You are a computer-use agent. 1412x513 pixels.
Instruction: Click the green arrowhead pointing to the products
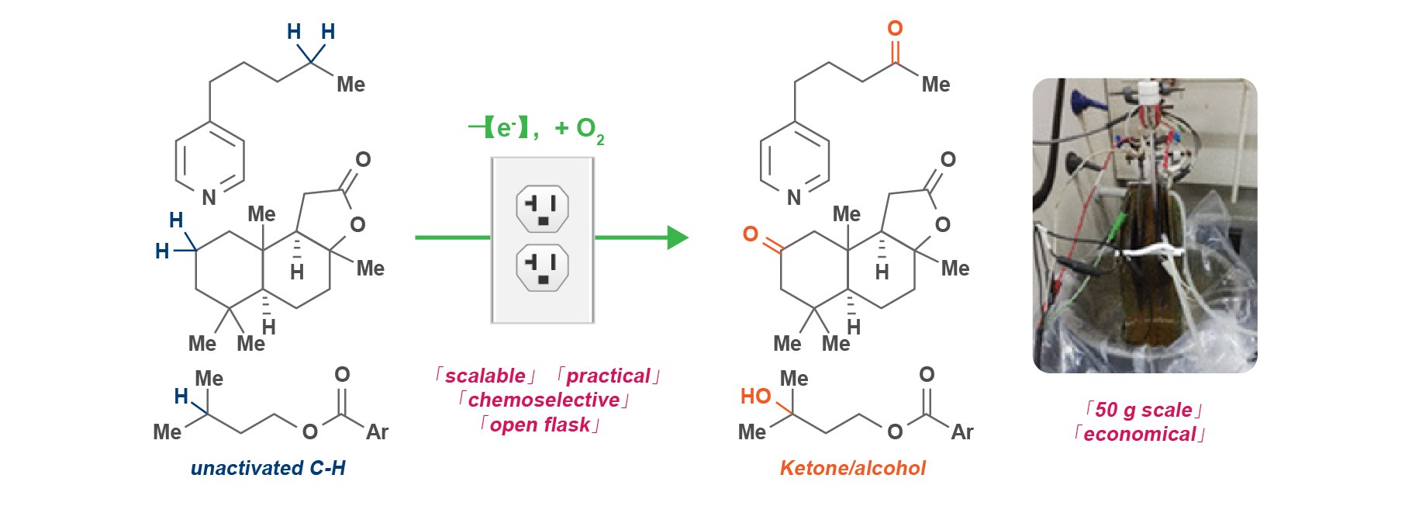(x=677, y=237)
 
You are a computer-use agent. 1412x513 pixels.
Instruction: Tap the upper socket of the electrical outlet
(x=542, y=209)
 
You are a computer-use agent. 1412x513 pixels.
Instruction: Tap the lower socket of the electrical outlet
(x=542, y=267)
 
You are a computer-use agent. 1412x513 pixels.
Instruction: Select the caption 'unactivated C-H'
(x=268, y=468)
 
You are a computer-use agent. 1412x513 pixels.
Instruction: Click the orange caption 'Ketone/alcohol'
(x=852, y=468)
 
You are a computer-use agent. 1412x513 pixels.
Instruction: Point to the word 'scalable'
(x=485, y=376)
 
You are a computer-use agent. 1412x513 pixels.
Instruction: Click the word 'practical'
(x=608, y=376)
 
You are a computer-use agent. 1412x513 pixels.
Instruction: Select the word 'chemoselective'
(x=544, y=400)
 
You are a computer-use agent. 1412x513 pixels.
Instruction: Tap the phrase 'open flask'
(x=540, y=425)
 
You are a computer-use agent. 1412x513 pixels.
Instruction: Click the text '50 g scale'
(x=1143, y=410)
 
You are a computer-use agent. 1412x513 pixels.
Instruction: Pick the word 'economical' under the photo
(x=1139, y=434)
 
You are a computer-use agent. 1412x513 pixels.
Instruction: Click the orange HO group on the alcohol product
(x=755, y=397)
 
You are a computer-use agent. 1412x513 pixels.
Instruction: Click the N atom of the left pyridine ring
(x=209, y=198)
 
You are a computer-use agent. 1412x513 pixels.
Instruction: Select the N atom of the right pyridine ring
(x=793, y=198)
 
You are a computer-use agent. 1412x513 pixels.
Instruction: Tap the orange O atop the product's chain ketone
(x=895, y=29)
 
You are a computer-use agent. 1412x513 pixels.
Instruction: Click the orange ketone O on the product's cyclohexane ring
(x=750, y=234)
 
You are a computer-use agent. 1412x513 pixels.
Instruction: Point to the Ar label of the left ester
(x=377, y=432)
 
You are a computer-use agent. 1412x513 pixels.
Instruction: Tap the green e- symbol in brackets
(x=504, y=127)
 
